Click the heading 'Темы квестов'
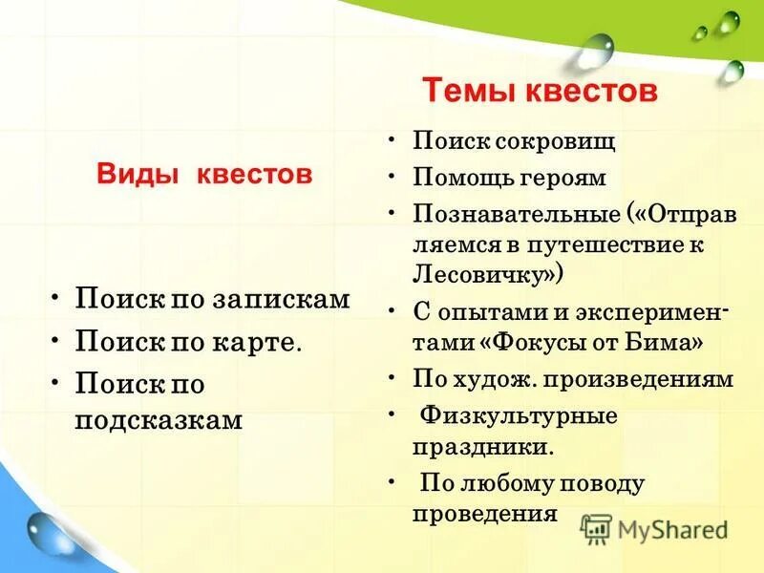(540, 92)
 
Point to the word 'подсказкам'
(159, 420)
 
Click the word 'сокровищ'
(555, 142)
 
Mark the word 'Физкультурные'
(520, 416)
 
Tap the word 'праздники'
(481, 447)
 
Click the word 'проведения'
(484, 514)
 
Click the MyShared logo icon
(597, 529)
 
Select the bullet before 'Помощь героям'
(393, 179)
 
